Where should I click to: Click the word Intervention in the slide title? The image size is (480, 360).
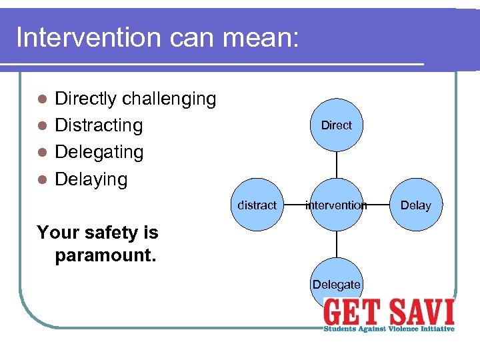pyautogui.click(x=89, y=37)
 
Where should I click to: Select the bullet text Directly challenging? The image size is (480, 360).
pyautogui.click(x=135, y=99)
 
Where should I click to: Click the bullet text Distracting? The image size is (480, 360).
pyautogui.click(x=99, y=125)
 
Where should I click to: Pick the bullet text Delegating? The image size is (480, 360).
pyautogui.click(x=99, y=152)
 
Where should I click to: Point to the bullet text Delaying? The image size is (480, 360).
pyautogui.click(x=91, y=179)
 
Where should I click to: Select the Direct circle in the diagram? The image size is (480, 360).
pyautogui.click(x=336, y=125)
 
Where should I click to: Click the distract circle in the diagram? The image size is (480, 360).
pyautogui.click(x=257, y=205)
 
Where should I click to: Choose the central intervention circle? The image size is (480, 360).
pyautogui.click(x=336, y=205)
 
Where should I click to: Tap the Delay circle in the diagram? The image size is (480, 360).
pyautogui.click(x=415, y=205)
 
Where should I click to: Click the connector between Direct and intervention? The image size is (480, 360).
pyautogui.click(x=336, y=165)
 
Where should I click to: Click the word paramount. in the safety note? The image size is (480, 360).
pyautogui.click(x=105, y=256)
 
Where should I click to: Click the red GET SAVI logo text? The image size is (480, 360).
pyautogui.click(x=389, y=312)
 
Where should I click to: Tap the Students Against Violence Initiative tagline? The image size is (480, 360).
pyautogui.click(x=389, y=329)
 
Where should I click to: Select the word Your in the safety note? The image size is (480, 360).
pyautogui.click(x=54, y=233)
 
